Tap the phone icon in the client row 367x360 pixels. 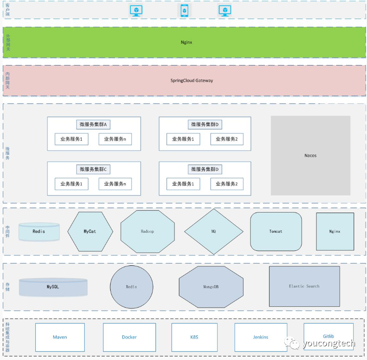tap(184, 10)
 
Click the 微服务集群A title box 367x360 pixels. tap(93, 125)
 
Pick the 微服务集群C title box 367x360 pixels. tap(93, 169)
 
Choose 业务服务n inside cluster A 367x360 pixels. tap(115, 140)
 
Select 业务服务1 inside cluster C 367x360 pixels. tap(71, 184)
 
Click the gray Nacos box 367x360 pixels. tap(310, 155)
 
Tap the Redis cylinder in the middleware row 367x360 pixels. tap(39, 231)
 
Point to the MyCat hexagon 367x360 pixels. tap(90, 231)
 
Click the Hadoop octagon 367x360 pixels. tap(147, 231)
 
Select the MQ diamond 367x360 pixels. tap(213, 231)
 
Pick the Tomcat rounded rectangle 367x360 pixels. tap(276, 231)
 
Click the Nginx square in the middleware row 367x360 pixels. tap(335, 231)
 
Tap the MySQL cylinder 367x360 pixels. tap(53, 287)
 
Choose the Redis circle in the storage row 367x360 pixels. tap(131, 287)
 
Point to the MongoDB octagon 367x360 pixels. tap(211, 287)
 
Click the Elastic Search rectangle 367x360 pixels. tap(304, 286)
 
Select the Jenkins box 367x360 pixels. tap(260, 337)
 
